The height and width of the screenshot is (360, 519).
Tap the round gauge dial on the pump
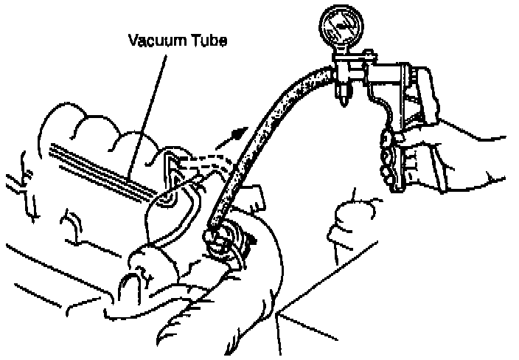click(341, 29)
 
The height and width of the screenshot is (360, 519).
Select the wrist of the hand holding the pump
click(457, 159)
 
